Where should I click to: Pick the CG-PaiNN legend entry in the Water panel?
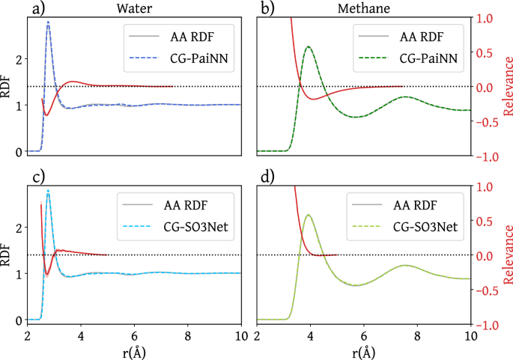[197, 58]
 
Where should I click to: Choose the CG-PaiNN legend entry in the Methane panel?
[426, 58]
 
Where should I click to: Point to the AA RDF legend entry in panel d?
[423, 204]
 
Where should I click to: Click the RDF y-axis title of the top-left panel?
[7, 88]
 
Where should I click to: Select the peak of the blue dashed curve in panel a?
[49, 22]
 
